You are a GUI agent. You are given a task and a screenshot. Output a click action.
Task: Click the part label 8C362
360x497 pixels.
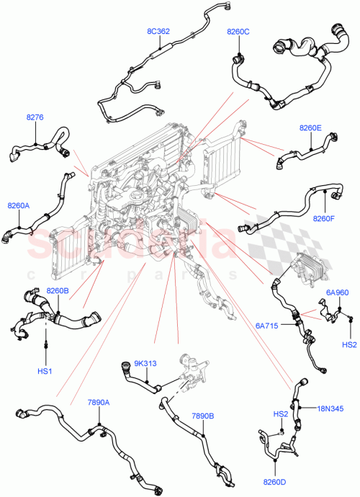158,31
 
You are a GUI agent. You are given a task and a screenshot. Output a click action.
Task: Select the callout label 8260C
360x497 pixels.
238,32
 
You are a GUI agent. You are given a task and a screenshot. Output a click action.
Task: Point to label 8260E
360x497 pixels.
311,128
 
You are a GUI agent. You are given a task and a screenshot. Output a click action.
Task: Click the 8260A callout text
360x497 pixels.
19,205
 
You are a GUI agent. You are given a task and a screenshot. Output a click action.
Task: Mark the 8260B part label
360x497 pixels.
58,291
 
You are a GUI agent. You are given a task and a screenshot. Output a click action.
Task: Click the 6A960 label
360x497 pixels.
337,292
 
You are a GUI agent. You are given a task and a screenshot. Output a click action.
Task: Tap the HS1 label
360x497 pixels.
46,371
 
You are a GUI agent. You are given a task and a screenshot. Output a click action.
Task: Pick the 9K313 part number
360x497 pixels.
145,363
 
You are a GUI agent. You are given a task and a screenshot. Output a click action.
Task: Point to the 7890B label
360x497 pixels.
203,416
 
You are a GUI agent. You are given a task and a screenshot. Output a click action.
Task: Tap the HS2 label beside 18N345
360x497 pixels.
280,414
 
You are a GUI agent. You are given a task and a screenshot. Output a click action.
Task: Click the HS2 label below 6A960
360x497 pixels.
349,344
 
